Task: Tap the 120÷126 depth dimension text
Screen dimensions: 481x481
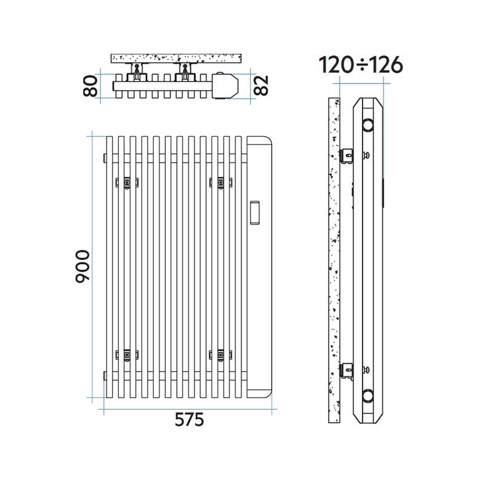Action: click(x=360, y=65)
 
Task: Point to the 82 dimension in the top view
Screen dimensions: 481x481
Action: click(x=260, y=85)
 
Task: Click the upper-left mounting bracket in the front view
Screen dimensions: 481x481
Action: click(x=127, y=182)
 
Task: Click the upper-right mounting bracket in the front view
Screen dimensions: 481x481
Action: click(x=221, y=182)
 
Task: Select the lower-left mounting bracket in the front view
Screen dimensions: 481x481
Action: click(x=127, y=355)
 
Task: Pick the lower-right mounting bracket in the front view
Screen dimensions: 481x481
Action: click(x=221, y=355)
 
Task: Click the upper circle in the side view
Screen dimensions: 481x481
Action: click(x=368, y=125)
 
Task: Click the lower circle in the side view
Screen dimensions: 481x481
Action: click(x=368, y=395)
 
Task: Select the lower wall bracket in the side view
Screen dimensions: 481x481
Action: click(x=346, y=371)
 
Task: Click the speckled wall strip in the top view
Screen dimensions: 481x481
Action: click(x=177, y=58)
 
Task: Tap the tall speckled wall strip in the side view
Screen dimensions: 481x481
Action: click(x=334, y=260)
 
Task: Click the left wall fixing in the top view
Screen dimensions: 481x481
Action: click(x=136, y=70)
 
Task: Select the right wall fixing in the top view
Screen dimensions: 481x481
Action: click(x=184, y=70)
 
